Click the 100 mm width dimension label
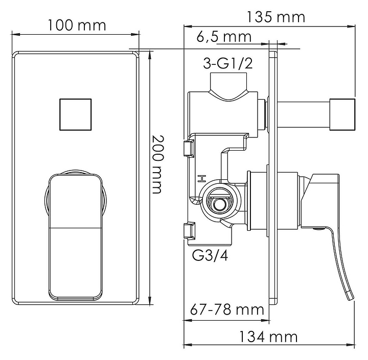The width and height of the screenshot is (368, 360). pyautogui.click(x=77, y=26)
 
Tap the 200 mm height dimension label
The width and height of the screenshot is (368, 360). pyautogui.click(x=157, y=164)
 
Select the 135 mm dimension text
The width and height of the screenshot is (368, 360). pyautogui.click(x=276, y=17)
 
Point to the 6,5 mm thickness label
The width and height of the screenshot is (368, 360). pyautogui.click(x=224, y=37)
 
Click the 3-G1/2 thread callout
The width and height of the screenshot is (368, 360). pyautogui.click(x=228, y=63)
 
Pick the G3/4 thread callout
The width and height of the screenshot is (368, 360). pyautogui.click(x=210, y=255)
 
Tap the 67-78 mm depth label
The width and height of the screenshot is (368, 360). pyautogui.click(x=227, y=309)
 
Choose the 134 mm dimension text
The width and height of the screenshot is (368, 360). pyautogui.click(x=268, y=337)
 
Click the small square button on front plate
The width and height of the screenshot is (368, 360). pyautogui.click(x=75, y=114)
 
